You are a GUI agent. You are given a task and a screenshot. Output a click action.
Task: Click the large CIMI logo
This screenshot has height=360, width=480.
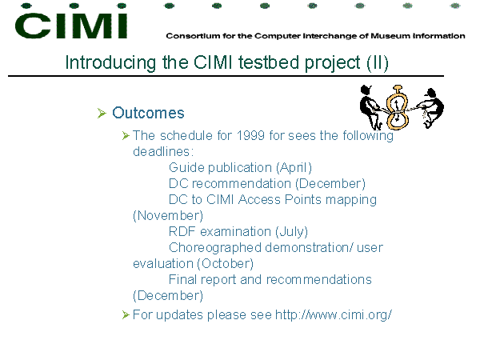click(71, 26)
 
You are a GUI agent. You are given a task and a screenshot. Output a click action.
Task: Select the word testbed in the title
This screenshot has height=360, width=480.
click(269, 62)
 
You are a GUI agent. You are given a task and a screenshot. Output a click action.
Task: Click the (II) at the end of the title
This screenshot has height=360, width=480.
click(378, 62)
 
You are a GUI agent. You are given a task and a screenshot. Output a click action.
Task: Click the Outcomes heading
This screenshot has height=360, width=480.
click(148, 113)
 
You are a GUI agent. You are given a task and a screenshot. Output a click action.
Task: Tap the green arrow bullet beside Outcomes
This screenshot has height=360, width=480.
click(102, 113)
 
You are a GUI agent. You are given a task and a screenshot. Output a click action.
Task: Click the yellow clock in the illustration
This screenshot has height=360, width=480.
click(398, 107)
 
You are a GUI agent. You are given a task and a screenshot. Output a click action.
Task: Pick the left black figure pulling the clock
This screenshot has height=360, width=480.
click(371, 107)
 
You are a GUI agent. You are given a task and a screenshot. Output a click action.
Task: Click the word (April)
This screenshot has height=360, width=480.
click(294, 168)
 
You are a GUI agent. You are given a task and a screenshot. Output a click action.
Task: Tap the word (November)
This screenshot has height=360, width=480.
click(168, 216)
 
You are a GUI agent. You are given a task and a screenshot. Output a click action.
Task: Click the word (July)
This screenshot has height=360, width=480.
click(291, 232)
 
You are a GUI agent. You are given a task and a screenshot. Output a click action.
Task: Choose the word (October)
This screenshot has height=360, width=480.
click(226, 264)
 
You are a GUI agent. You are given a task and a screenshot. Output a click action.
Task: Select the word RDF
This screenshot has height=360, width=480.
click(182, 231)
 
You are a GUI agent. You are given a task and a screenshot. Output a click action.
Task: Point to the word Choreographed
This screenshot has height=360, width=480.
click(215, 248)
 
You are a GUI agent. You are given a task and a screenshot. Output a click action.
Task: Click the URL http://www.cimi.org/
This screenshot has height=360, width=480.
click(334, 314)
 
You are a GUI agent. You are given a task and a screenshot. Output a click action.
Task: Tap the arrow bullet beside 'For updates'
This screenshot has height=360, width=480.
click(126, 314)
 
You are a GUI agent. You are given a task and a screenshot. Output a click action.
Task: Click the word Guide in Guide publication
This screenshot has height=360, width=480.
click(186, 168)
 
